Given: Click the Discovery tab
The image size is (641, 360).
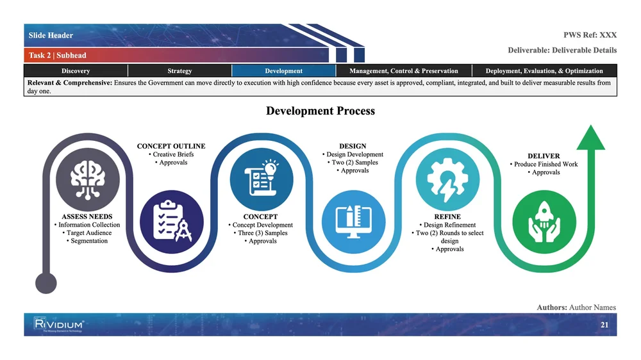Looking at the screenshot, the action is click(76, 70).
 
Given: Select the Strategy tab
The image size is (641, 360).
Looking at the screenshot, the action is click(179, 70).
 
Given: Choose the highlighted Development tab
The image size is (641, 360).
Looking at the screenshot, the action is click(284, 70).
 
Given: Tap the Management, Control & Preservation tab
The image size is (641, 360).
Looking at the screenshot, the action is click(403, 70).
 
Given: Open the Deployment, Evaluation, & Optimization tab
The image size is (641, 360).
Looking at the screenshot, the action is click(544, 70).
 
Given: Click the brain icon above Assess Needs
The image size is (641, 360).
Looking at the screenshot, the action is click(87, 179).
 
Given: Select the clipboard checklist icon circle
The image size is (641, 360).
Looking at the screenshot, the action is click(172, 222).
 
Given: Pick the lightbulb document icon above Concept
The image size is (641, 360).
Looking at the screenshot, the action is click(262, 179).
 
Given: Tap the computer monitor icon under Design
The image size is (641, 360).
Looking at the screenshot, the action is click(354, 222).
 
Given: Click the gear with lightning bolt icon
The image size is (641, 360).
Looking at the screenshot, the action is click(447, 179).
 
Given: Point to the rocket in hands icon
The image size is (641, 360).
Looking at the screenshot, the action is click(544, 222).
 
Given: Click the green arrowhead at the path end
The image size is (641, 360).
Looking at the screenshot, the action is click(591, 137).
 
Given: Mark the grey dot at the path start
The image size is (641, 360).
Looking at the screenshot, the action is click(46, 282).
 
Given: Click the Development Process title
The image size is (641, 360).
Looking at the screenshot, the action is click(320, 111).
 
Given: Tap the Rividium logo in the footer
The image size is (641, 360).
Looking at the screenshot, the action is click(59, 325).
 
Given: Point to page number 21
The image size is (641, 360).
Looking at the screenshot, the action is click(604, 325).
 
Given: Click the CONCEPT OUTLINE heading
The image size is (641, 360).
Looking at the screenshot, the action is click(171, 146).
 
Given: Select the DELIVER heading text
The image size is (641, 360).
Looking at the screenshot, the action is click(544, 156).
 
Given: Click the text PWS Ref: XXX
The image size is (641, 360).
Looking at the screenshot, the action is click(590, 35).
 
